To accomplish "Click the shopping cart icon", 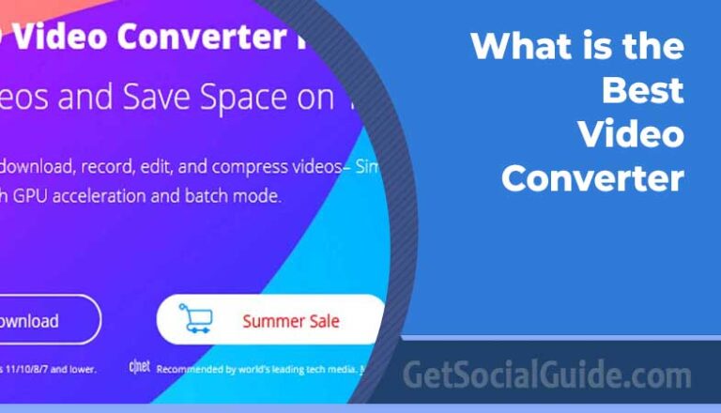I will point(195,319).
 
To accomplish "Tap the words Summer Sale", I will point(291,321).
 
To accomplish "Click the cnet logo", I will point(138,367).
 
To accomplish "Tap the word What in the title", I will point(514,46).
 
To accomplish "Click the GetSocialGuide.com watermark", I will point(547,375).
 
